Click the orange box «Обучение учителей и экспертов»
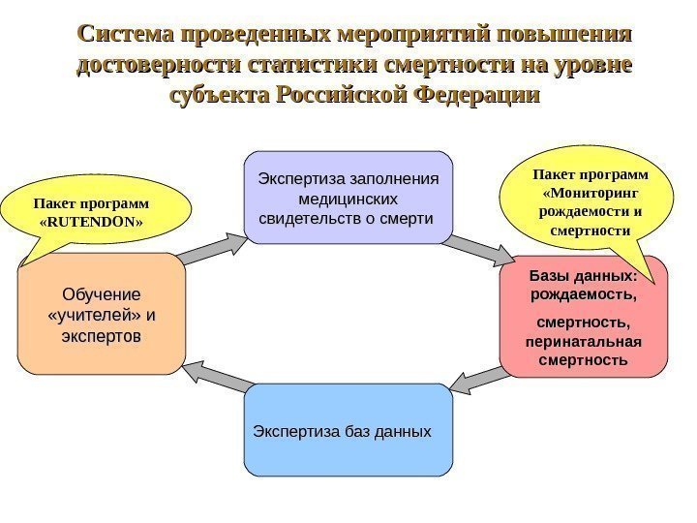[101, 314]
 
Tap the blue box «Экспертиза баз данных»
[348, 430]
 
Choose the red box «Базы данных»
[584, 316]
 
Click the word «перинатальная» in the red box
[583, 342]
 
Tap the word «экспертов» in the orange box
[101, 335]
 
